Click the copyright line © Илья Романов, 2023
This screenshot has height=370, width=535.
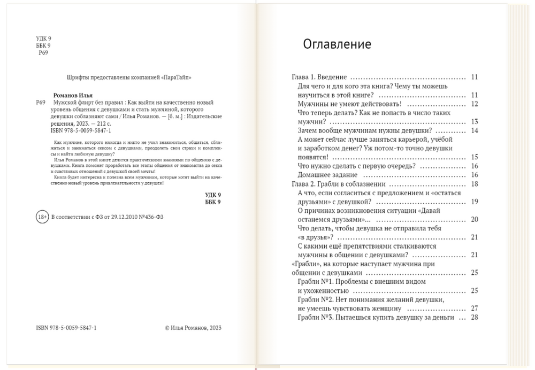[x=192, y=328]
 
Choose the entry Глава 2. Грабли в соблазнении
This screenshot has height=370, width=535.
[x=334, y=184]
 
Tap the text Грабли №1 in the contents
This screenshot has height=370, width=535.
[x=315, y=282]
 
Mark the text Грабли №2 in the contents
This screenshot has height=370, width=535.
[x=315, y=299]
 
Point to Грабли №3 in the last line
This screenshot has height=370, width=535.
[x=315, y=318]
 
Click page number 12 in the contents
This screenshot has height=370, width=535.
[x=474, y=104]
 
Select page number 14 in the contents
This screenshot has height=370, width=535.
[x=474, y=130]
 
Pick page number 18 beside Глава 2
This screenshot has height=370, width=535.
[x=474, y=184]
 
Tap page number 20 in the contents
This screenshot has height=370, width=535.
[x=474, y=220]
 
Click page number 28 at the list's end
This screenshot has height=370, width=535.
[x=474, y=318]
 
